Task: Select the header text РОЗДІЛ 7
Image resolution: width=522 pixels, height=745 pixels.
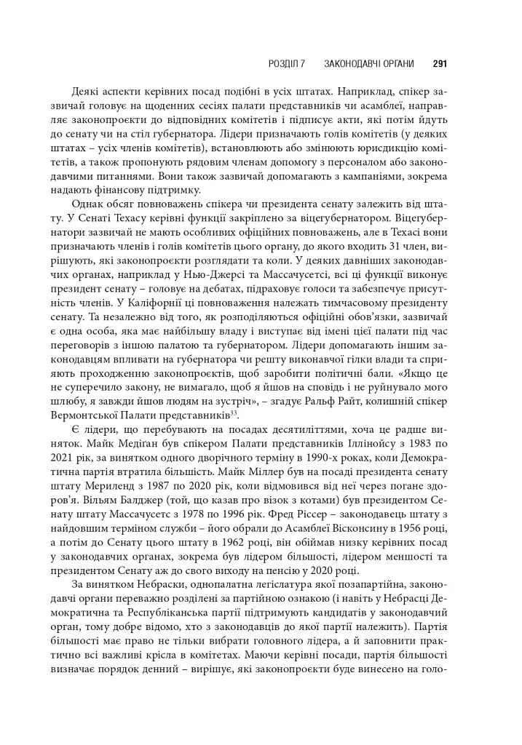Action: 289,64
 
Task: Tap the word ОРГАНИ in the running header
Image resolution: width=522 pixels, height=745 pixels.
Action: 394,64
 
